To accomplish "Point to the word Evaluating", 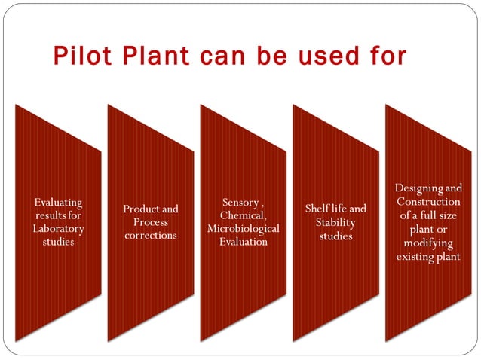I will [58, 203].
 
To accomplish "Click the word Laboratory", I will [58, 229].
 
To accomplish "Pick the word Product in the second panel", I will [139, 209].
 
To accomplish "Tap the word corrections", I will [151, 235].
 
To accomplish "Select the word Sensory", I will [240, 203].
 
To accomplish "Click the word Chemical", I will [243, 215].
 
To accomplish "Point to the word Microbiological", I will [243, 228].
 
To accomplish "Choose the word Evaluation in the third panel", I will [243, 242].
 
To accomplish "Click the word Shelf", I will [317, 209].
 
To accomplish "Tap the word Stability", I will [335, 222].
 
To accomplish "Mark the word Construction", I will [428, 202].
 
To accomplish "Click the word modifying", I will [428, 243].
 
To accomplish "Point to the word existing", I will [415, 256].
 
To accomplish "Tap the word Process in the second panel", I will [151, 222].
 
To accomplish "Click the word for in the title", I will [388, 56].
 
